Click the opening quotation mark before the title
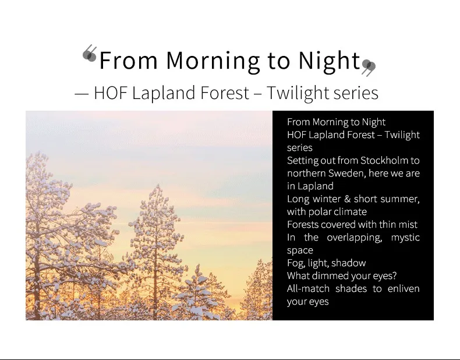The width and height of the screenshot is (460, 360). (x=90, y=54)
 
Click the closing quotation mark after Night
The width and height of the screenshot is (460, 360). (x=369, y=68)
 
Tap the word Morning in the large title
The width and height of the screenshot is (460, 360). (x=213, y=61)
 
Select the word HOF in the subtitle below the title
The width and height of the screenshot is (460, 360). (x=111, y=93)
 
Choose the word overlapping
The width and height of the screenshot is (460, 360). (x=355, y=238)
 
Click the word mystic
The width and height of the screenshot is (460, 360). (x=405, y=238)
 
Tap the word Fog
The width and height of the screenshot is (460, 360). (x=296, y=263)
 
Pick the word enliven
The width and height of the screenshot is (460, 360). (x=404, y=289)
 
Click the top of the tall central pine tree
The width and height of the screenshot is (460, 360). (x=158, y=185)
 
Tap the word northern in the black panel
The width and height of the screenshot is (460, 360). (x=306, y=174)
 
